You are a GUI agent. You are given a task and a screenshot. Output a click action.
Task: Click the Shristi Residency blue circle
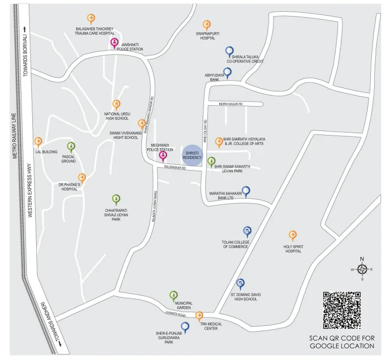coord(192,155)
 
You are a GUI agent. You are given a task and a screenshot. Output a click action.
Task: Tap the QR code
coord(341,310)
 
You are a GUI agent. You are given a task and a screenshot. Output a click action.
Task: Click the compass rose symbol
coord(362,269)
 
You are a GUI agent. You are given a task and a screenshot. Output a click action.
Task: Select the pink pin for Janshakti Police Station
coord(114,43)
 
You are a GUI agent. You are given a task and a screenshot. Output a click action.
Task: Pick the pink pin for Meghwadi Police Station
coord(163,156)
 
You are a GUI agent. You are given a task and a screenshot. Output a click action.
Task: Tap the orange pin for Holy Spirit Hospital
coord(293,235)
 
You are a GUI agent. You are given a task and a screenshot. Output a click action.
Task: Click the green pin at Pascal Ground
coord(71,146)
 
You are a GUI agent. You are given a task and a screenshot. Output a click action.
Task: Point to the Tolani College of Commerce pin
coord(247,231)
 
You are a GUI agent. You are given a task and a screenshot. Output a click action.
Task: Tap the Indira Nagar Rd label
coord(231,104)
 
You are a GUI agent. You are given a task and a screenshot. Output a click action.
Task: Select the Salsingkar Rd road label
coord(175,168)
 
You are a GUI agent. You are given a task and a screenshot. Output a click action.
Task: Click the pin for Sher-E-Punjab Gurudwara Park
coord(185,326)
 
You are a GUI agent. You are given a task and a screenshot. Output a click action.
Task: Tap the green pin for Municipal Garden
coord(173,295)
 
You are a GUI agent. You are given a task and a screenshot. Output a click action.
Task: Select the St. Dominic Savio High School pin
coord(240,283)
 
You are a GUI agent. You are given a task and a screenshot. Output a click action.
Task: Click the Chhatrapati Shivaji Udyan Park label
coord(116,214)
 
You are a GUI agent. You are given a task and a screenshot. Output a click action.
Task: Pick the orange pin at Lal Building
coord(38,142)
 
